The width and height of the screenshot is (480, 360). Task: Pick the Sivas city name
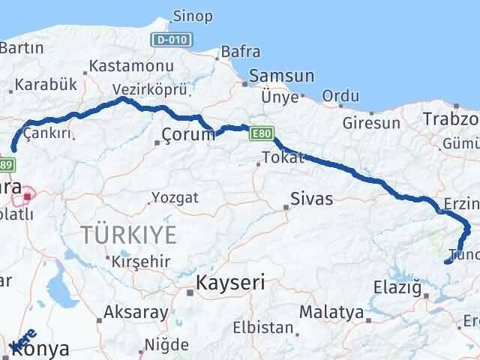click(x=312, y=199)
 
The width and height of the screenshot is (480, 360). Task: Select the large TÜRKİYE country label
click(x=130, y=235)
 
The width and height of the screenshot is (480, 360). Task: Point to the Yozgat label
click(x=175, y=198)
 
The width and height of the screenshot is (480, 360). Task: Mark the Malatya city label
click(x=331, y=311)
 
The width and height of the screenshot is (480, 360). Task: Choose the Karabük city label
click(x=46, y=84)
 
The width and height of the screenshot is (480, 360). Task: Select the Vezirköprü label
click(x=143, y=89)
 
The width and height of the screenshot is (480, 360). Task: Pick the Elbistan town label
click(x=262, y=328)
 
